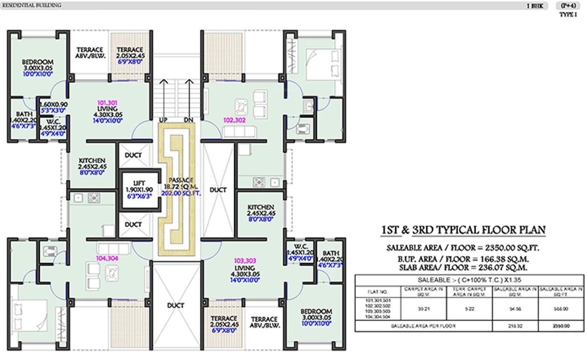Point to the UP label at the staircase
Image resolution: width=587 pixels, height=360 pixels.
(x=163, y=120)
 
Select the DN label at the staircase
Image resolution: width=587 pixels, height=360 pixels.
(x=189, y=120)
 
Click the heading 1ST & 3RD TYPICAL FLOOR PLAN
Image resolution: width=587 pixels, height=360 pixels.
(x=463, y=230)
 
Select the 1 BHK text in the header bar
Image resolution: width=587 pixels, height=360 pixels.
(x=535, y=6)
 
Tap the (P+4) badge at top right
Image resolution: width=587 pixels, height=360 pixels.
(x=566, y=6)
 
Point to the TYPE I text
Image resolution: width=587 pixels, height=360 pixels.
(x=568, y=15)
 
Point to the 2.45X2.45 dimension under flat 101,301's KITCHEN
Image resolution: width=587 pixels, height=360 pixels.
(x=92, y=166)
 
